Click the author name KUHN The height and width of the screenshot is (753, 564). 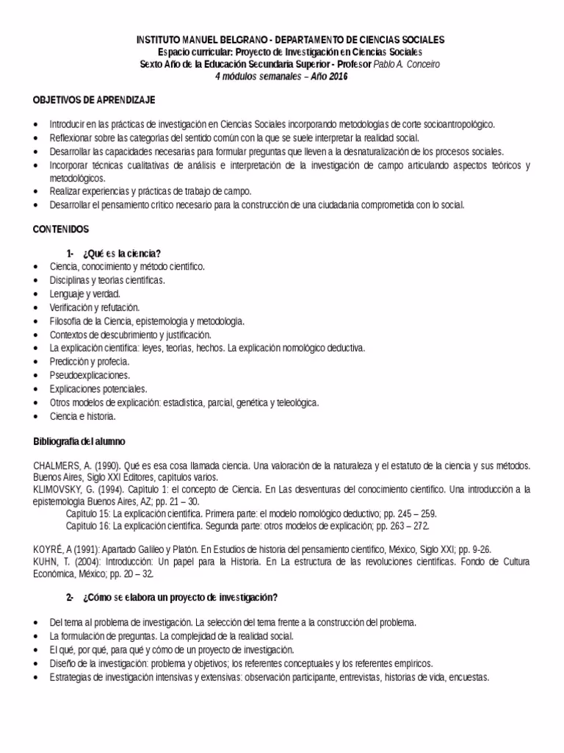pyautogui.click(x=46, y=560)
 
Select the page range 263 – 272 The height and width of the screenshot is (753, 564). pyautogui.click(x=404, y=526)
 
